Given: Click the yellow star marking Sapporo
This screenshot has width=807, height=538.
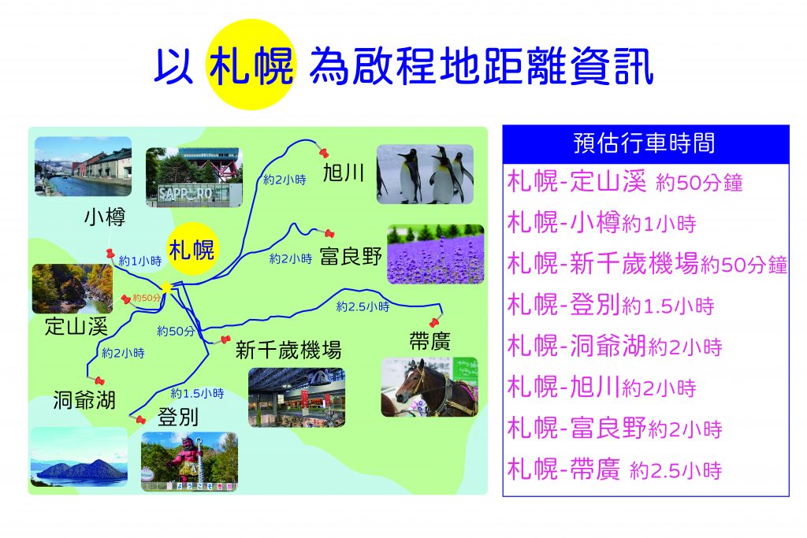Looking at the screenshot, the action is (x=166, y=288).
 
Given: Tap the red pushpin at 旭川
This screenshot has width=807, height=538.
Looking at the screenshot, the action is (x=324, y=152).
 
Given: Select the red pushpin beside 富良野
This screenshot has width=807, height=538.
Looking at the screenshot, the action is (x=329, y=233).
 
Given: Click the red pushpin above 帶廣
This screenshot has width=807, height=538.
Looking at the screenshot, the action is (x=434, y=322).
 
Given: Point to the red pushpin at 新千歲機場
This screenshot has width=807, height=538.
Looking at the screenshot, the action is (x=225, y=339).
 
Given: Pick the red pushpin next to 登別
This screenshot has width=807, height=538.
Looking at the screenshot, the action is (x=140, y=419).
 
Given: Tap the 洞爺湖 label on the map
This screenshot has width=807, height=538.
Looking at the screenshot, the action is (x=84, y=400).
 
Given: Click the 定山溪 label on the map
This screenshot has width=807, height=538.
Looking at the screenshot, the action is (x=76, y=326).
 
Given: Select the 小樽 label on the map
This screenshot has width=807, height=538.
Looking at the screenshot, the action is (x=105, y=217).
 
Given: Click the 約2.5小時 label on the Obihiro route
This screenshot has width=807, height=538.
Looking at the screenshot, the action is (x=363, y=306).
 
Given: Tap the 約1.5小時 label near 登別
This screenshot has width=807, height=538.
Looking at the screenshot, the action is (x=197, y=394).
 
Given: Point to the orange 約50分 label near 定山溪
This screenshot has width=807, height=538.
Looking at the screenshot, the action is (x=147, y=298).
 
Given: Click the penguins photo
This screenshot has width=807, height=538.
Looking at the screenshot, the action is (x=425, y=174).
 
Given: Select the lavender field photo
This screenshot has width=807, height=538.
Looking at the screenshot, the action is (x=435, y=254).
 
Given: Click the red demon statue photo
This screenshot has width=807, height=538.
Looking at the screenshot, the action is (x=189, y=462).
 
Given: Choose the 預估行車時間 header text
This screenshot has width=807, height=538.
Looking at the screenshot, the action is (x=645, y=143).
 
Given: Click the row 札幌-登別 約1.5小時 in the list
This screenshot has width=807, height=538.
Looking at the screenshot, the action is (x=611, y=305).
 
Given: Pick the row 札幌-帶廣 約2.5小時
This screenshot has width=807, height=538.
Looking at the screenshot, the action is (x=615, y=469).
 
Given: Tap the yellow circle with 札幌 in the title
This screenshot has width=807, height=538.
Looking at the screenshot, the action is (x=251, y=65).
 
